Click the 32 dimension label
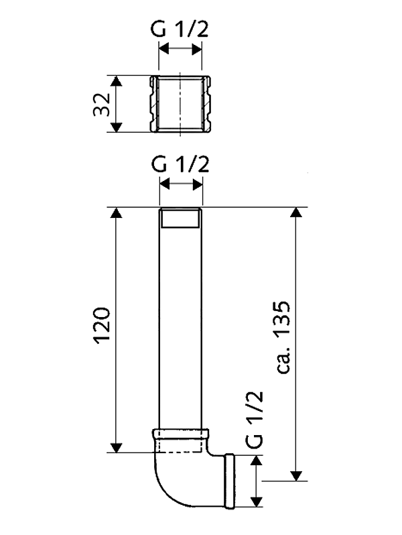tap(102, 104)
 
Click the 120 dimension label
tap(103, 326)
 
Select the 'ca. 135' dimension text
tap(283, 337)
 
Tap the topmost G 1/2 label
tap(180, 29)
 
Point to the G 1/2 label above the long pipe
tap(180, 164)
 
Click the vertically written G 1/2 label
tap(255, 419)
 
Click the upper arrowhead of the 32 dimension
tap(117, 81)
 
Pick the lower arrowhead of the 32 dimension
tap(117, 127)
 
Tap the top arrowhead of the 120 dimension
tap(117, 213)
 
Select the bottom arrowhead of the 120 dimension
tap(117, 447)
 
